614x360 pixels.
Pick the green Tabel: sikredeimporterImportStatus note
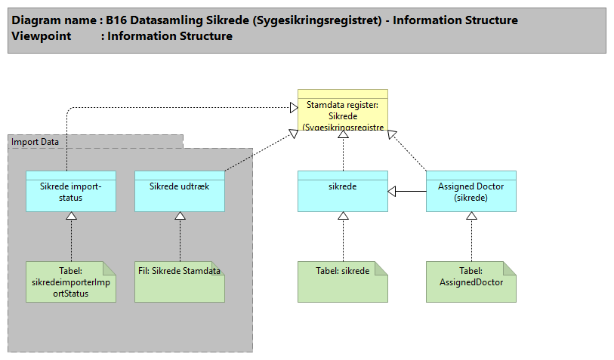click(71, 282)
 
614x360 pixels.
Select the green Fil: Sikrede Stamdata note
click(180, 282)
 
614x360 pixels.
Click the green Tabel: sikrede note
click(343, 282)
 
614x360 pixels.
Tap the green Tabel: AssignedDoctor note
click(471, 282)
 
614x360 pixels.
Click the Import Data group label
click(35, 141)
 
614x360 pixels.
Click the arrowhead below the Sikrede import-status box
click(71, 217)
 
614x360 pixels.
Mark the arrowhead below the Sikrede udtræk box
click(180, 217)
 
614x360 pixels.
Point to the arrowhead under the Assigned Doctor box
click(471, 217)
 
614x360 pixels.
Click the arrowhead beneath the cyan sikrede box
click(343, 217)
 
